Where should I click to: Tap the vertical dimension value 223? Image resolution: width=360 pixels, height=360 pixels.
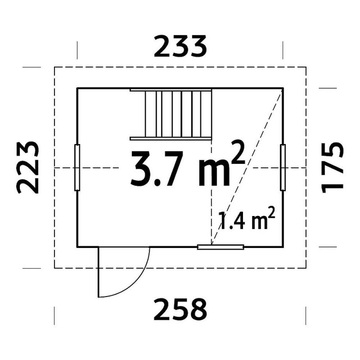(x=28, y=167)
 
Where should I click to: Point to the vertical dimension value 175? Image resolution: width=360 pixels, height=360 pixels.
(x=332, y=167)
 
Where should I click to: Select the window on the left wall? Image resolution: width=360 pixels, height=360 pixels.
(x=77, y=167)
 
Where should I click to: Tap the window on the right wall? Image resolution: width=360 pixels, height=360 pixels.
(x=283, y=167)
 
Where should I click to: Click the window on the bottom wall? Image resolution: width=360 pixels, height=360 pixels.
(x=221, y=247)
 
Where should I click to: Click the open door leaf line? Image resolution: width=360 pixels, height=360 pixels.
(x=98, y=272)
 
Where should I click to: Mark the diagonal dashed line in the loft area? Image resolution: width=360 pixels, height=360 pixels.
(x=248, y=166)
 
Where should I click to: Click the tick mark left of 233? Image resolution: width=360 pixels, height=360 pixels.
(x=77, y=50)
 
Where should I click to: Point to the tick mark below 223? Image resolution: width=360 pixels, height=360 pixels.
(x=31, y=268)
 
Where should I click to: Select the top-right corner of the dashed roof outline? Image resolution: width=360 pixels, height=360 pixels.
(x=306, y=67)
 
